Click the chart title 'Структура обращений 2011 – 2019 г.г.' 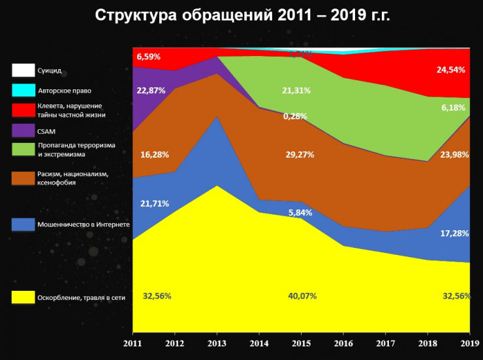coord(242,16)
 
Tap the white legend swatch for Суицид coord(23,70)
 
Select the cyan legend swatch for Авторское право coord(23,90)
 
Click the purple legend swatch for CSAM coord(23,130)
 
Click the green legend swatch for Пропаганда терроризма coord(23,149)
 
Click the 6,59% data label coord(148,57)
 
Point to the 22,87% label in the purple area coord(151,91)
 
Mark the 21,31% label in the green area coord(296,90)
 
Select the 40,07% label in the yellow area coord(302,296)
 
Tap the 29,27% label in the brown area coord(300,155)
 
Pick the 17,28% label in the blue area coord(455,233)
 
